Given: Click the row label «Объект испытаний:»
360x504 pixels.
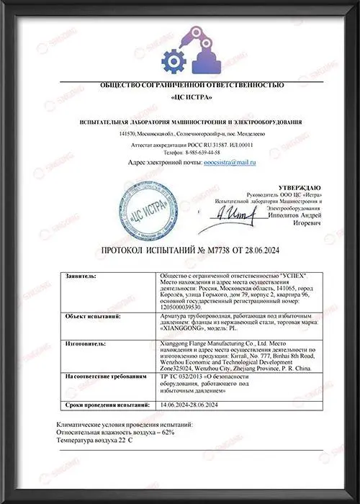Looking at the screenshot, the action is click(90, 315).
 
